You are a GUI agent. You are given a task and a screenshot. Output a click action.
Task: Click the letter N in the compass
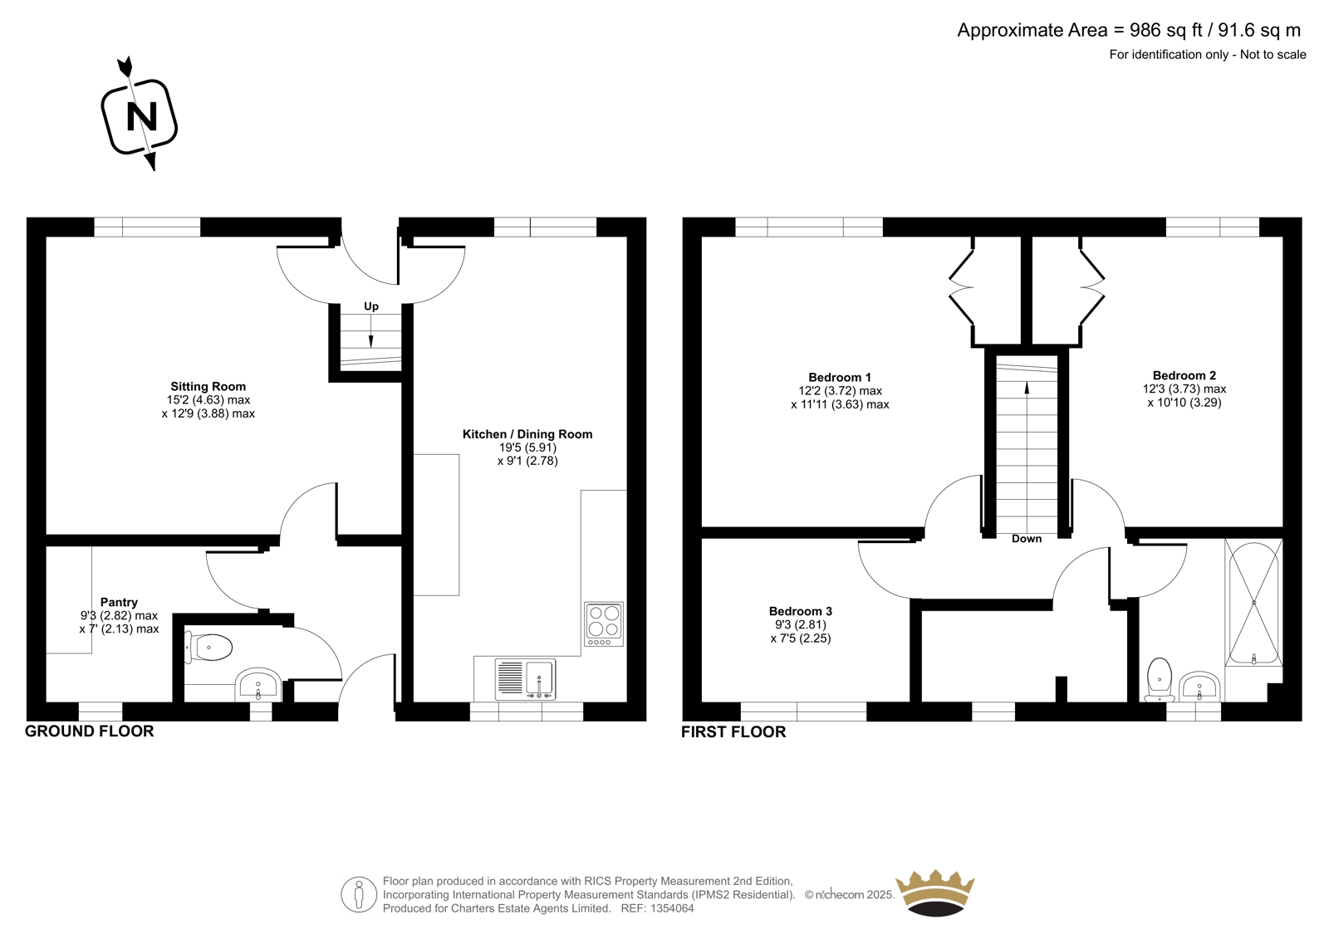pos(142,116)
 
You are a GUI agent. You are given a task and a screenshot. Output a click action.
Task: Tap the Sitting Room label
pos(208,386)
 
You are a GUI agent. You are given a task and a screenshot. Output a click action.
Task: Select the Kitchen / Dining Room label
pos(527,434)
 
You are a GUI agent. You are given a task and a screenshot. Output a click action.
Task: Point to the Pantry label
pos(119,602)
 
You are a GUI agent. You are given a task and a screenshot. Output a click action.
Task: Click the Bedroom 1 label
pos(840,377)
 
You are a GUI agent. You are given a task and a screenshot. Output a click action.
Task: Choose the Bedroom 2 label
pos(1184,375)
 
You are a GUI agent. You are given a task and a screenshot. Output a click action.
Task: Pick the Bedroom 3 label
pos(801,611)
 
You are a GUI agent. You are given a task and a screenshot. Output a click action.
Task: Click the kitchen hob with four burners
pos(604,624)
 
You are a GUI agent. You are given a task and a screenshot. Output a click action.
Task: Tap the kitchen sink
pos(525,678)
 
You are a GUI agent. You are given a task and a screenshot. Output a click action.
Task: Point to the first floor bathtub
pos(1253,603)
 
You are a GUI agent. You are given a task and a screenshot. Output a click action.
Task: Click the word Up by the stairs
pos(370,306)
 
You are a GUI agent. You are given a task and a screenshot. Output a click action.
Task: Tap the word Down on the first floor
pos(1027,539)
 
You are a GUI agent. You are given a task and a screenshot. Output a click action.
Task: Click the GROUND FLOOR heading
pos(89,731)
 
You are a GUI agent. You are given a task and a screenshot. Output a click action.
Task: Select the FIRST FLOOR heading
pos(733,732)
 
